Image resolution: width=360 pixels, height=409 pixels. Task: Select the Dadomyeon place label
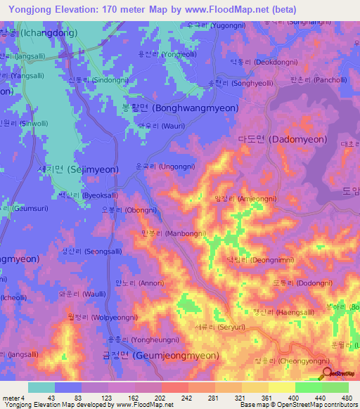click(274, 139)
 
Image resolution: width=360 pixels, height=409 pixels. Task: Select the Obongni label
click(129, 209)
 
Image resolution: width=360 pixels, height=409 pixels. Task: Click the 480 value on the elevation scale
click(345, 398)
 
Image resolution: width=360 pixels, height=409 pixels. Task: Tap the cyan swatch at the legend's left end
click(41, 387)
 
